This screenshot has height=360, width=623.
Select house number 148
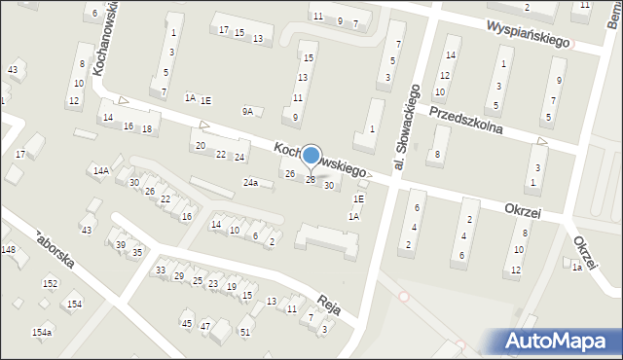[x=8, y=250]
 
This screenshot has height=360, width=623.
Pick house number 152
[x=50, y=283]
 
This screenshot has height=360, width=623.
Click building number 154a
[x=41, y=333]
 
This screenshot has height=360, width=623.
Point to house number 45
[x=187, y=323]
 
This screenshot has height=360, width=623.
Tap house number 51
[x=245, y=332]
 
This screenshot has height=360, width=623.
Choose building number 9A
[x=247, y=111]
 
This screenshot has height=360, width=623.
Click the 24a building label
[x=250, y=183]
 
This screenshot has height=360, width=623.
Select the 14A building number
[x=100, y=170]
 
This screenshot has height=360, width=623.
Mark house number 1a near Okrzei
[x=576, y=268]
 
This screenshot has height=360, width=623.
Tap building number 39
[x=120, y=244]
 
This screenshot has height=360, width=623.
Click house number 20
[x=201, y=145]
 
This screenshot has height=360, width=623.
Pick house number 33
[x=161, y=270]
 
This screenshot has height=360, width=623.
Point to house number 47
[x=205, y=326]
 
